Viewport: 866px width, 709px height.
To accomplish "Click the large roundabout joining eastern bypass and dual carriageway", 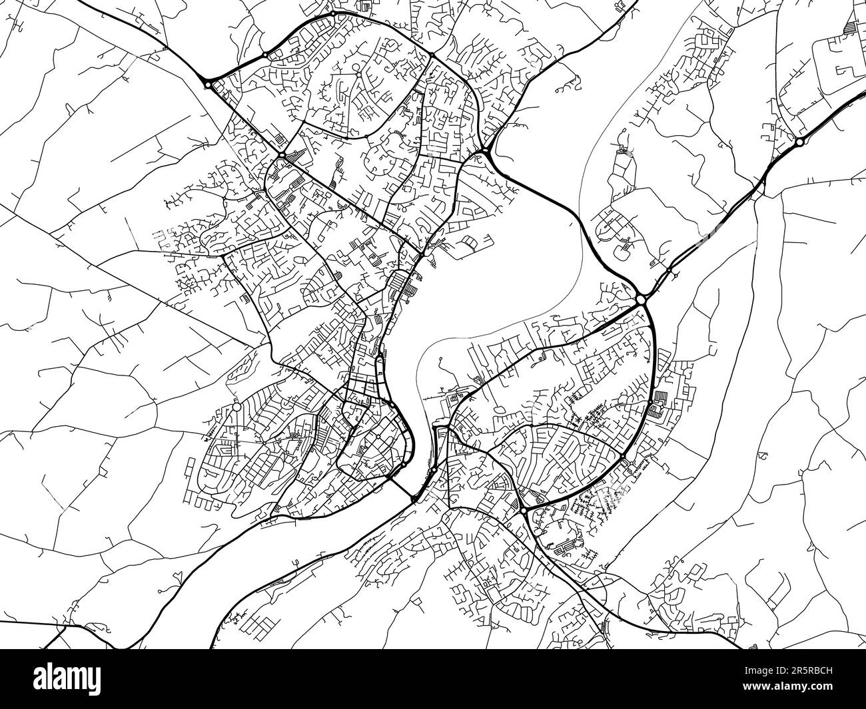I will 640,300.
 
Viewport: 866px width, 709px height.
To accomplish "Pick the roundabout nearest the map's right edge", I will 799,142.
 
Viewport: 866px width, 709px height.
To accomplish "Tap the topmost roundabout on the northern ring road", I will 332,13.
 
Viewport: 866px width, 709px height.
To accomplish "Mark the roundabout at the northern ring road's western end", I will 208,85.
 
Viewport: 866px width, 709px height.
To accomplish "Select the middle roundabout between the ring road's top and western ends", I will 264,55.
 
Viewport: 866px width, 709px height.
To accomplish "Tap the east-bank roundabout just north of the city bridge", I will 434,471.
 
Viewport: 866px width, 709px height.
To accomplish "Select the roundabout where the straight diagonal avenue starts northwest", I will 282,155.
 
